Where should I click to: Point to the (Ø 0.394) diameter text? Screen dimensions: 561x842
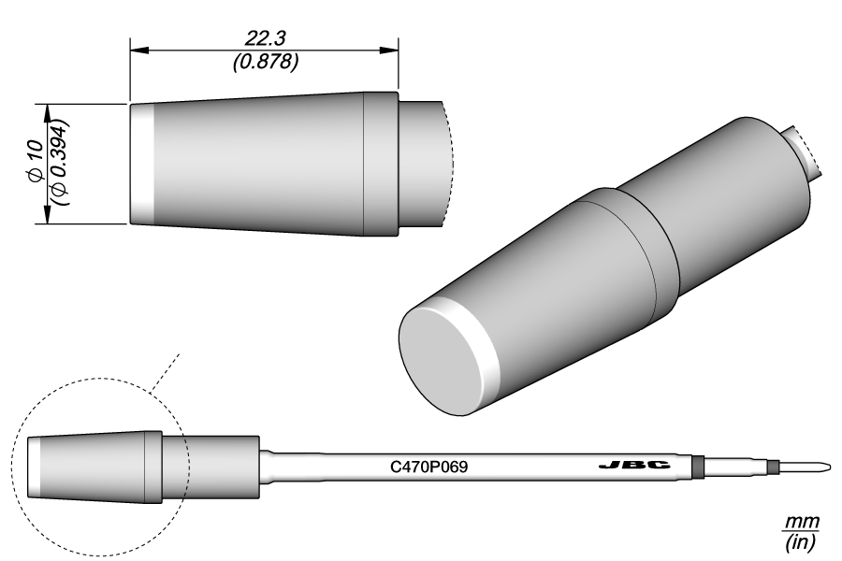pos(61,163)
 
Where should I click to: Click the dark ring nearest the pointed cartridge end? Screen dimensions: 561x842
pos(773,466)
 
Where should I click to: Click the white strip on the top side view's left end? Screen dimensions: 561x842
pos(140,163)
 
